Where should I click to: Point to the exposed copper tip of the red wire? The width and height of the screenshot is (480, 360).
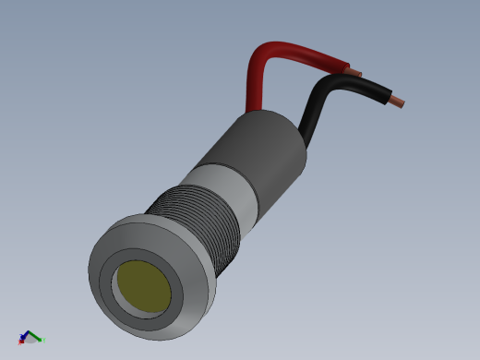coord(355,71)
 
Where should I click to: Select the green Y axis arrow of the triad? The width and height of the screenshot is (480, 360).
coord(38,338)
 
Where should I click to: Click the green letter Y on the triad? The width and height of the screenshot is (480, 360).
coord(44,340)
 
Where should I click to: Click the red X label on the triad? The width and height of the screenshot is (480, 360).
coord(20,342)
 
